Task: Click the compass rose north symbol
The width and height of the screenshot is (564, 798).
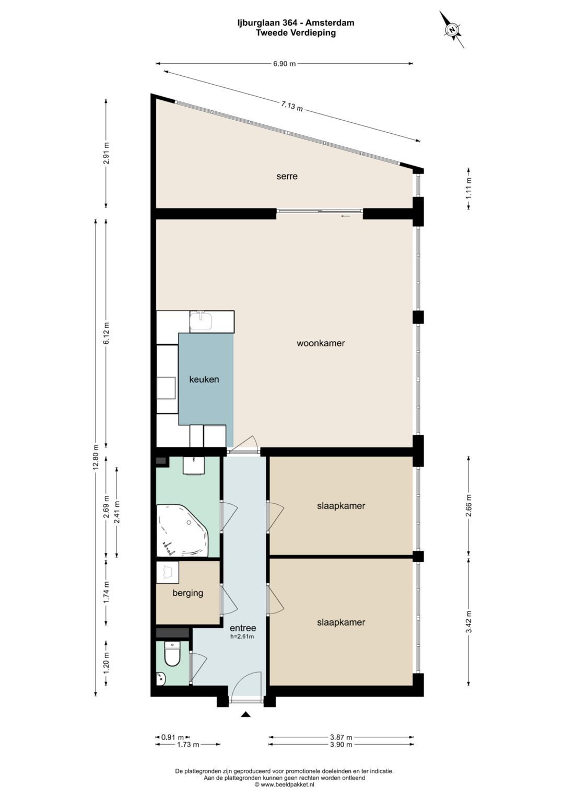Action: tap(452, 30)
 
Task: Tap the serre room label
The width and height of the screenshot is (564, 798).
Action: tap(287, 176)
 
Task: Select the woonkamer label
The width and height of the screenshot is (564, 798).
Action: tap(321, 343)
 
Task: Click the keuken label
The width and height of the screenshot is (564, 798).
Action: tap(204, 379)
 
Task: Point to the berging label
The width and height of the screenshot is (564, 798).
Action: tap(187, 593)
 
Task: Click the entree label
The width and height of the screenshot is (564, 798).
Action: tap(243, 628)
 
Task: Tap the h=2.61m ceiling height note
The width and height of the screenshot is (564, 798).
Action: tap(243, 637)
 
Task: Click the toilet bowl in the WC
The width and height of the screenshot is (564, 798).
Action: tap(173, 654)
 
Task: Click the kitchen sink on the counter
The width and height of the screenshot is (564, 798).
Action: tap(201, 320)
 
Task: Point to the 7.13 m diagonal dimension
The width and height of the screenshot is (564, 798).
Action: tap(292, 106)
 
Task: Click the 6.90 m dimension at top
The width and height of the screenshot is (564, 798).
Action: tap(284, 64)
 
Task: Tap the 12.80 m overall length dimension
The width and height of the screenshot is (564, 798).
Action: tap(96, 457)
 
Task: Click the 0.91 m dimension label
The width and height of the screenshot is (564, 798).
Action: tap(173, 737)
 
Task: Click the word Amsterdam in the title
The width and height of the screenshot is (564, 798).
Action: tap(333, 23)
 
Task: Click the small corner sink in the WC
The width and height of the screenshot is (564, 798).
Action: tap(161, 678)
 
